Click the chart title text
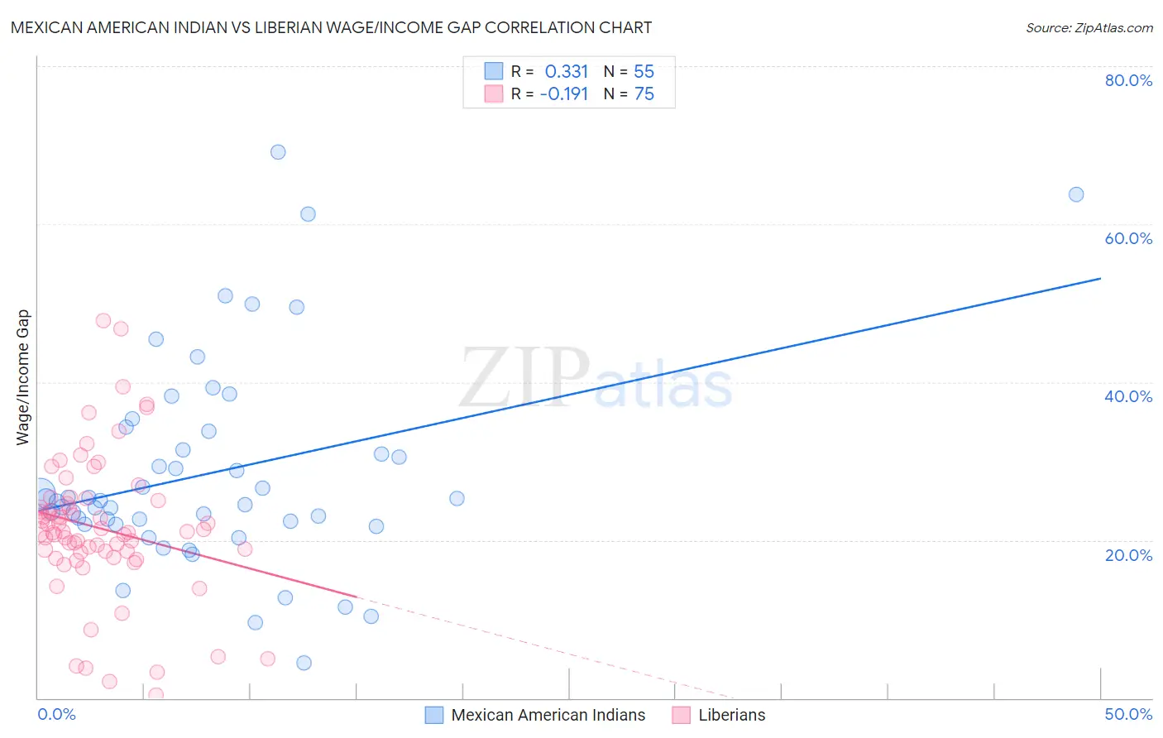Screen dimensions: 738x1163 pyautogui.click(x=331, y=27)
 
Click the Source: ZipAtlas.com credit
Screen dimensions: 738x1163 pyautogui.click(x=1089, y=27)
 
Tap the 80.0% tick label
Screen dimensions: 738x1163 pyautogui.click(x=1128, y=80)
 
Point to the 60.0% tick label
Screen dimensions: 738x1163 pyautogui.click(x=1128, y=238)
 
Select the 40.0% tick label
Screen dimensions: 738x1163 pyautogui.click(x=1128, y=396)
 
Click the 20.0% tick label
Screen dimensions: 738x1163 pyautogui.click(x=1128, y=555)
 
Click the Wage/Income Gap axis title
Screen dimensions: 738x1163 pyautogui.click(x=23, y=377)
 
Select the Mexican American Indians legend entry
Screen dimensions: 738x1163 pyautogui.click(x=548, y=716)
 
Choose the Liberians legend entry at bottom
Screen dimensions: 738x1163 pyautogui.click(x=731, y=716)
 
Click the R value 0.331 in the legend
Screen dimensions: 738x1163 pyautogui.click(x=566, y=72)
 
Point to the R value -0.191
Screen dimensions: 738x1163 pyautogui.click(x=564, y=94)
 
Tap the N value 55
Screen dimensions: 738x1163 pyautogui.click(x=644, y=72)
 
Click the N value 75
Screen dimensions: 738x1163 pyautogui.click(x=644, y=94)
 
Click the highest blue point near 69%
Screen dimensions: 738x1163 pyautogui.click(x=278, y=152)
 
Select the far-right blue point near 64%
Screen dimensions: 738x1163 pyautogui.click(x=1076, y=194)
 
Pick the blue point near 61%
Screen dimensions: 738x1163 pyautogui.click(x=308, y=214)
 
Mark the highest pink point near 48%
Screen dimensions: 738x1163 pyautogui.click(x=103, y=320)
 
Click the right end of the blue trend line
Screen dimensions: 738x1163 pyautogui.click(x=1100, y=278)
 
